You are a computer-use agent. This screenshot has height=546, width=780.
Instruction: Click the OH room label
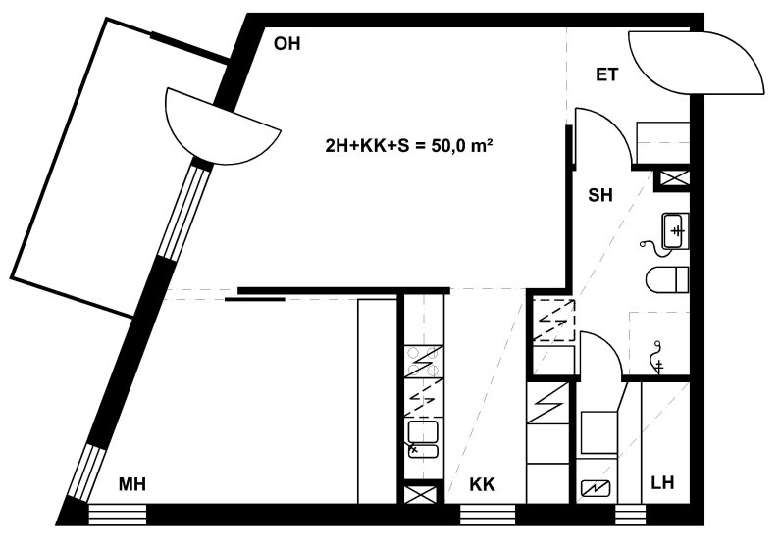point(287,44)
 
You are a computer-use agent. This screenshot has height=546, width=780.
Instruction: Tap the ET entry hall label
point(606,74)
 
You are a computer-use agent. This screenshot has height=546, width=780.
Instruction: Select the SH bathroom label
point(599,195)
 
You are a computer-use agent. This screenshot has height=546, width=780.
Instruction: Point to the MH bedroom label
point(131,483)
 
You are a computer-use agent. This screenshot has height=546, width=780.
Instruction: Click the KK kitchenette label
point(482,484)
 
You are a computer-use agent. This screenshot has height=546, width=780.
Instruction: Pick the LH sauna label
point(662,482)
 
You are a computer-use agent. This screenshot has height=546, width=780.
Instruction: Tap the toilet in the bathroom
point(667,280)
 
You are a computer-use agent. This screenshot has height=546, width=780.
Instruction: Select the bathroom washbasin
point(675,231)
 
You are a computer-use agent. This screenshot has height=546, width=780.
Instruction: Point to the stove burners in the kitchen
point(423,362)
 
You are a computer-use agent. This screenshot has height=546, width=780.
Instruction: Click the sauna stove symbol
point(595,489)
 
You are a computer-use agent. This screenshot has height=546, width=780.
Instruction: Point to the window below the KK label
point(488,515)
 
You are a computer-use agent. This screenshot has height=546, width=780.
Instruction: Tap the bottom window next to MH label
point(118,515)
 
